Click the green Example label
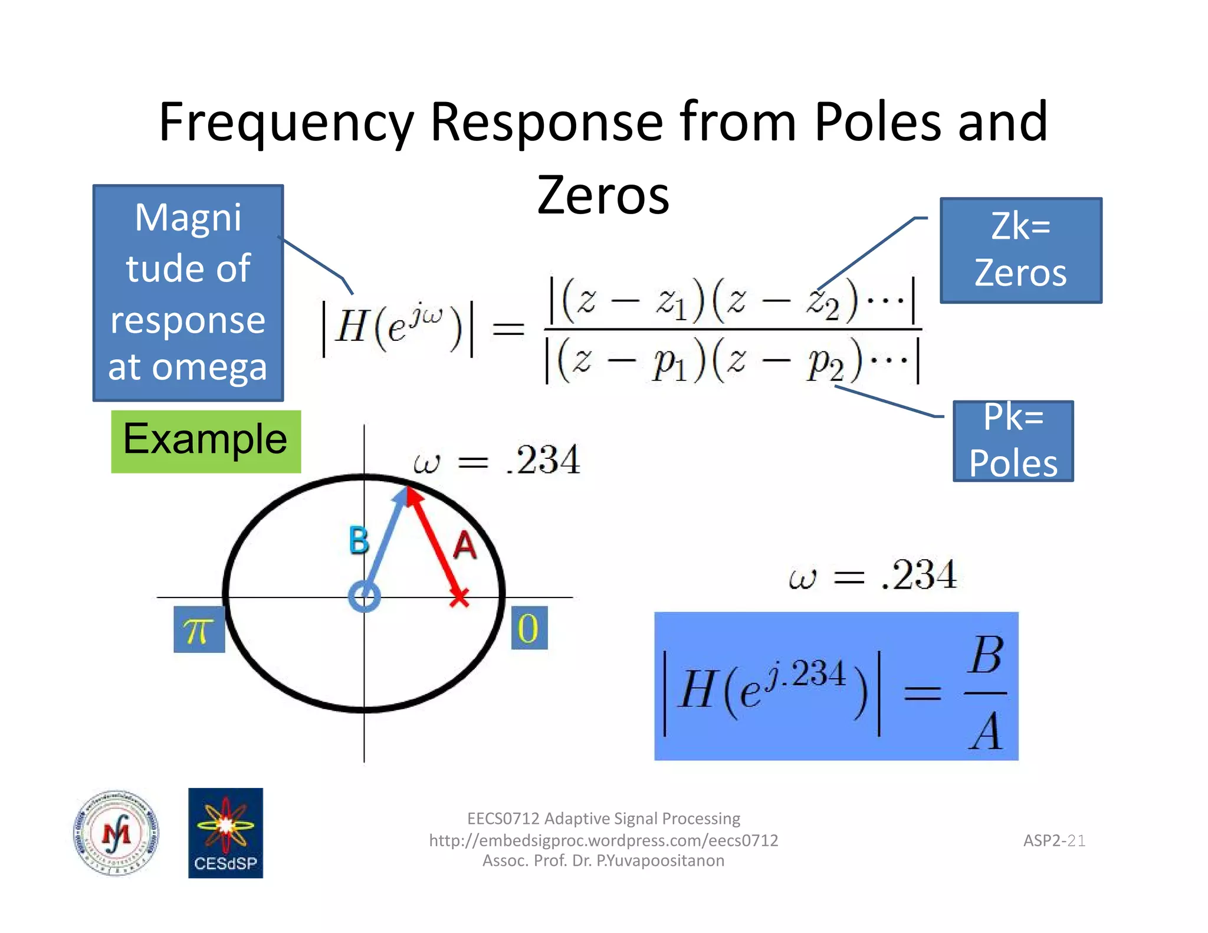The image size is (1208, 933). click(205, 441)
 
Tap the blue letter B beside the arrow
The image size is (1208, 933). click(359, 540)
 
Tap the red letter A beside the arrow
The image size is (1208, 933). click(465, 546)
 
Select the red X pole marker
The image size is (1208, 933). click(459, 597)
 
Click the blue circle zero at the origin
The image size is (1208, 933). click(364, 597)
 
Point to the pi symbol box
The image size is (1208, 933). click(199, 630)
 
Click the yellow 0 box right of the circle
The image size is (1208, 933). click(528, 628)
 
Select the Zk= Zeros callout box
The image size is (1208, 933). click(1020, 250)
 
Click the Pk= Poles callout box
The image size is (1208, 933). click(1013, 441)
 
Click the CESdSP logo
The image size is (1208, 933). click(225, 833)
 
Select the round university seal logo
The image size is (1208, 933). click(116, 833)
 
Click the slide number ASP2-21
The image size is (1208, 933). click(1054, 840)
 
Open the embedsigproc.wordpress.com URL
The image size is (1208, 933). click(603, 840)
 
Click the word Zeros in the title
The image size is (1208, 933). click(603, 195)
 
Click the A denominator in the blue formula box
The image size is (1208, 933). click(985, 731)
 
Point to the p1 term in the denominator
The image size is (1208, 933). click(669, 364)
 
